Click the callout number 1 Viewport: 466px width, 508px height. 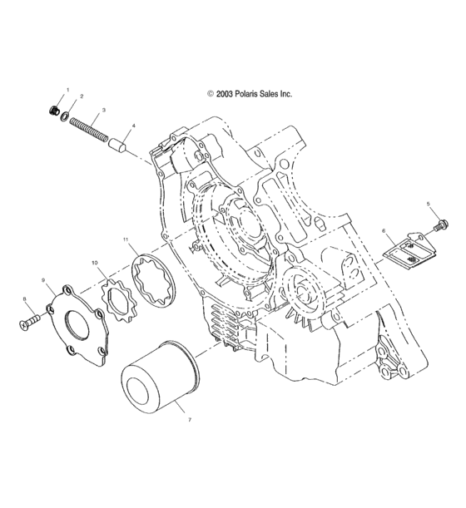pos(68,90)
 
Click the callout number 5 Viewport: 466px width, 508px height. pos(429,204)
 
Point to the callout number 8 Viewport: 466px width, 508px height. pos(26,299)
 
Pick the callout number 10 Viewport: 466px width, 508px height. pos(96,263)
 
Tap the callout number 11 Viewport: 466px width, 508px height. pos(126,240)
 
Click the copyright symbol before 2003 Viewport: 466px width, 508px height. pos(211,95)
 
